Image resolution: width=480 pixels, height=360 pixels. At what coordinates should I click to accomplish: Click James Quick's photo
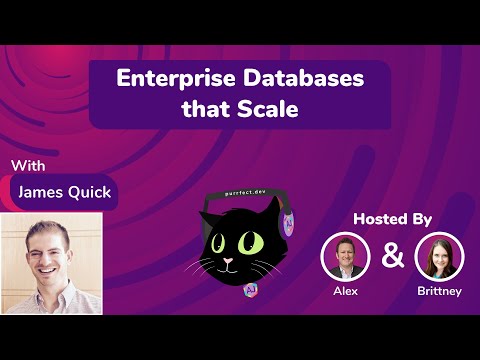point(52,262)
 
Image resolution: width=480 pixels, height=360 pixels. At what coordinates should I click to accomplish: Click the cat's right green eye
point(256,242)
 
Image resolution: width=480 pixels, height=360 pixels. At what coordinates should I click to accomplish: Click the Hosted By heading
point(398,219)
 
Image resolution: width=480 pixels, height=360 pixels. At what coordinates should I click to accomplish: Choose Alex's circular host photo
point(345,257)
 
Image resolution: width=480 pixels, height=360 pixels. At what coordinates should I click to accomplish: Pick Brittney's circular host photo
point(439,257)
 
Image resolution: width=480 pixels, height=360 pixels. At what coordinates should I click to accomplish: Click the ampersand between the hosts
point(393,256)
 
